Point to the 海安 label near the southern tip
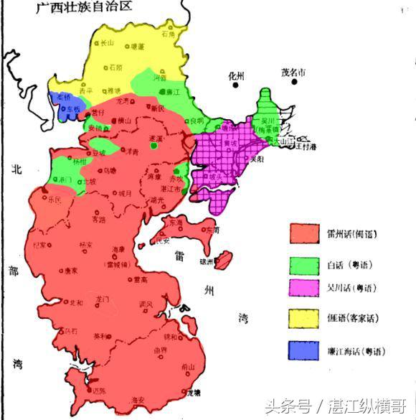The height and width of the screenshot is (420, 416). pyautogui.click(x=138, y=399)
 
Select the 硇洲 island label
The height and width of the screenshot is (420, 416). pyautogui.click(x=207, y=261)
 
